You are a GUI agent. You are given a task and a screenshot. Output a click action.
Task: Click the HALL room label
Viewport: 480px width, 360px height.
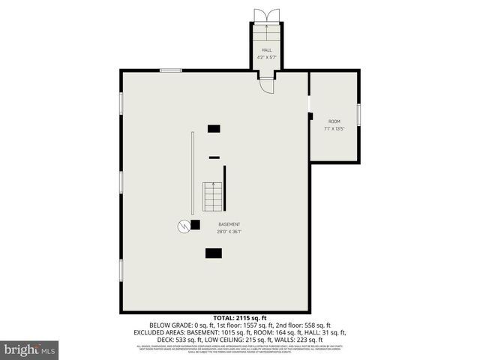coord(265,50)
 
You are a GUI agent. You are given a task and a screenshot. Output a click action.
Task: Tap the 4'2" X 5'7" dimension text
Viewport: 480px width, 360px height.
coord(265,57)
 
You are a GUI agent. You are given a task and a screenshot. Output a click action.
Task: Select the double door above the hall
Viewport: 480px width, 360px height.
coord(265,16)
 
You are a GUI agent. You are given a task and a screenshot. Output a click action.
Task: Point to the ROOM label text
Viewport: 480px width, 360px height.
coord(334,121)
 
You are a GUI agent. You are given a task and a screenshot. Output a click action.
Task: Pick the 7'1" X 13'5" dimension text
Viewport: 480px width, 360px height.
coord(334,128)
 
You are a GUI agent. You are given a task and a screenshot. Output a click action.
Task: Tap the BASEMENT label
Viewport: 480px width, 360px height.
coord(229,224)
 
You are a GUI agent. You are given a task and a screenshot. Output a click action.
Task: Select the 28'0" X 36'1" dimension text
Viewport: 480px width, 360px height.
coord(229,231)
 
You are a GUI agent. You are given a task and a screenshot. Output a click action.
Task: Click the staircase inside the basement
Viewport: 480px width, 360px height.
coord(213,196)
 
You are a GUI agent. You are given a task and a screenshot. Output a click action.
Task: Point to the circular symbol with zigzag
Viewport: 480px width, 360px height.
coord(183,225)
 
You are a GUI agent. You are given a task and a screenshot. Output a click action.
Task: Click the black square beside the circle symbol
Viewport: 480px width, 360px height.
coord(195,224)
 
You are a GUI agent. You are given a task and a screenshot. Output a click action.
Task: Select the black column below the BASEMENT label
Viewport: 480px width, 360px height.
coord(213,253)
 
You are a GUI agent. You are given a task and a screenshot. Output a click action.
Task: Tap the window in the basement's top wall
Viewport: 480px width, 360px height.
coord(170,70)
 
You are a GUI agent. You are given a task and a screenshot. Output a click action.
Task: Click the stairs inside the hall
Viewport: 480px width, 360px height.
coord(265,34)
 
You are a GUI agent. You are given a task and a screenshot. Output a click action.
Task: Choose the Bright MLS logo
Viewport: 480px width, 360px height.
coord(30,349)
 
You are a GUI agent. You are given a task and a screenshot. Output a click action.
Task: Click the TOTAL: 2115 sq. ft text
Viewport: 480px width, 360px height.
coord(239,318)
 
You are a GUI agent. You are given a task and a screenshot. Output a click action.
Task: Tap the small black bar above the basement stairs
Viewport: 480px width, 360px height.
coord(214,157)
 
